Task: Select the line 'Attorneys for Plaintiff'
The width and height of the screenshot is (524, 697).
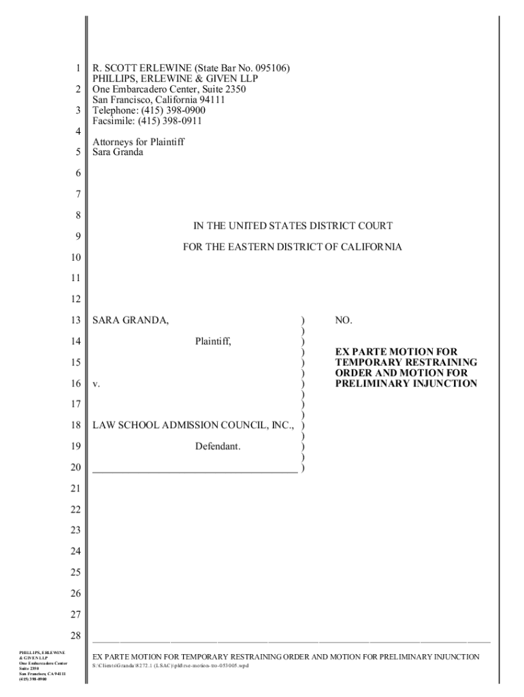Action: [139, 142]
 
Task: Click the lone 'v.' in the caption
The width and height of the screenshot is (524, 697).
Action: [97, 384]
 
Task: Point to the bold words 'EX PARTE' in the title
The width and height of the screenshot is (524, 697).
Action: [358, 351]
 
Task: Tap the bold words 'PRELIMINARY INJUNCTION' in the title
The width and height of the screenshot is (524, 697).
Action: [406, 384]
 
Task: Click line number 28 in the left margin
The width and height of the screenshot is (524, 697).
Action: [76, 636]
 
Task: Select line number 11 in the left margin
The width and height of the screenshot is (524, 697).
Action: [76, 278]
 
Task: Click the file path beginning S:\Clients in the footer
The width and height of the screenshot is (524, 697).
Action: [170, 665]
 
